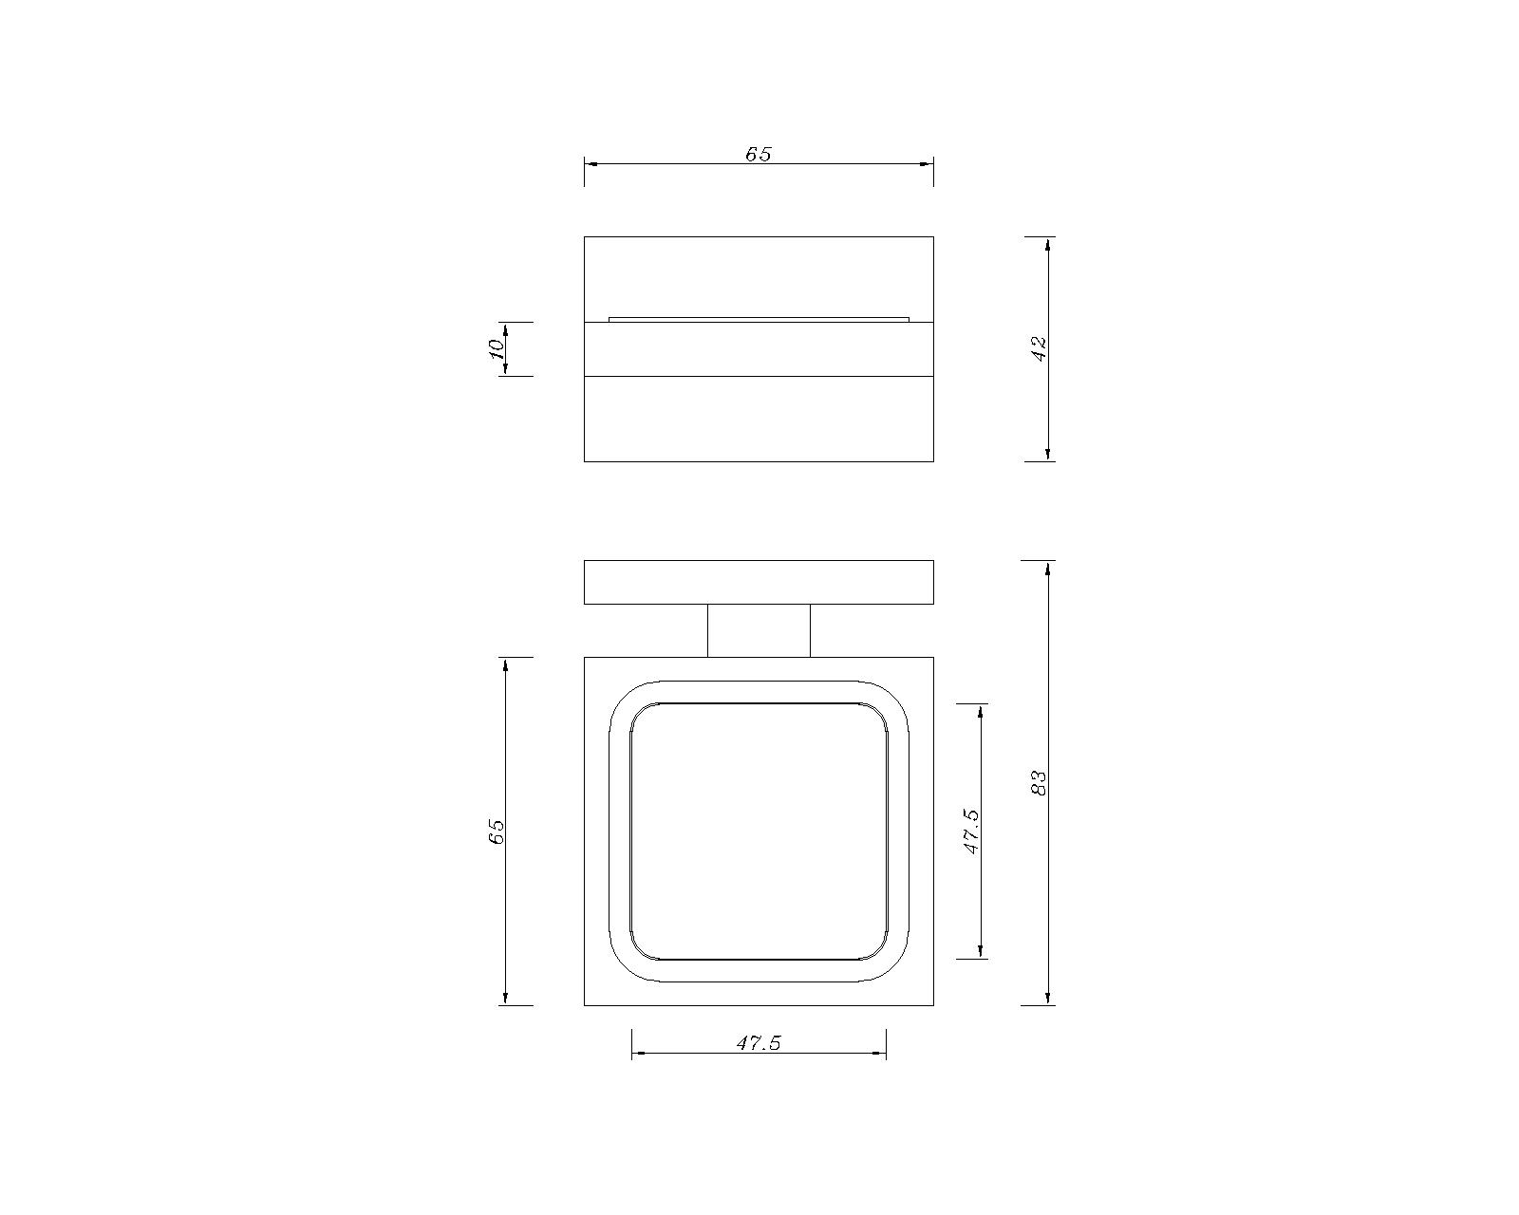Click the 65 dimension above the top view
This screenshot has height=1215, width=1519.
coord(759,154)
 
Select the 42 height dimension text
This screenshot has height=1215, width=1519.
coord(1039,348)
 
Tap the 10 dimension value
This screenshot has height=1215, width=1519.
coord(497,348)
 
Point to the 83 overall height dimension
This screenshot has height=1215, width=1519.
coord(1039,782)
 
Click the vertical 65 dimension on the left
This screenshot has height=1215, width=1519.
coord(497,832)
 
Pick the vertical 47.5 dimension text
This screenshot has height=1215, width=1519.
coord(971,832)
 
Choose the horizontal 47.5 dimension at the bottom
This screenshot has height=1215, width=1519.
coord(759,1043)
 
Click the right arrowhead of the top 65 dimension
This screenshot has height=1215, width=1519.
coord(926,164)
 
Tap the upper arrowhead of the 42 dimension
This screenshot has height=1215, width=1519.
coord(1048,244)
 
